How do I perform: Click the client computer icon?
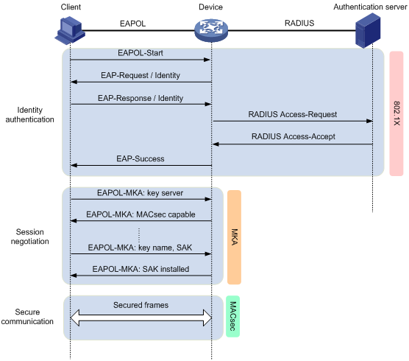click(70, 30)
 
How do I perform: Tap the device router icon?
click(211, 30)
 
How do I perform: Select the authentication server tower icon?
click(368, 30)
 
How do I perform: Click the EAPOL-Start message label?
click(141, 53)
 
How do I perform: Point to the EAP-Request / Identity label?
click(141, 75)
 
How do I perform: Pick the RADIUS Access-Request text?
click(292, 114)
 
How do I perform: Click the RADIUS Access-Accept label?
click(294, 136)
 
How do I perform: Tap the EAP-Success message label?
click(141, 159)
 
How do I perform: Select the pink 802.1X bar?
click(396, 113)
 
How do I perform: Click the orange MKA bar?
click(234, 237)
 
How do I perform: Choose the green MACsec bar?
click(232, 316)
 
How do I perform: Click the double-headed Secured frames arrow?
click(141, 318)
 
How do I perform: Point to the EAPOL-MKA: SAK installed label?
click(141, 269)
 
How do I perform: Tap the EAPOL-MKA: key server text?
click(140, 193)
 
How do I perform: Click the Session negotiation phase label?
click(29, 236)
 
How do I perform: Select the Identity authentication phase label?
click(29, 115)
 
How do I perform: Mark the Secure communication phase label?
click(27, 317)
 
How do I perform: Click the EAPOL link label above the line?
click(132, 24)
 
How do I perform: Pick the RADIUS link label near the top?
click(299, 23)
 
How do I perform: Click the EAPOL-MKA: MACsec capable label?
click(141, 214)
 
